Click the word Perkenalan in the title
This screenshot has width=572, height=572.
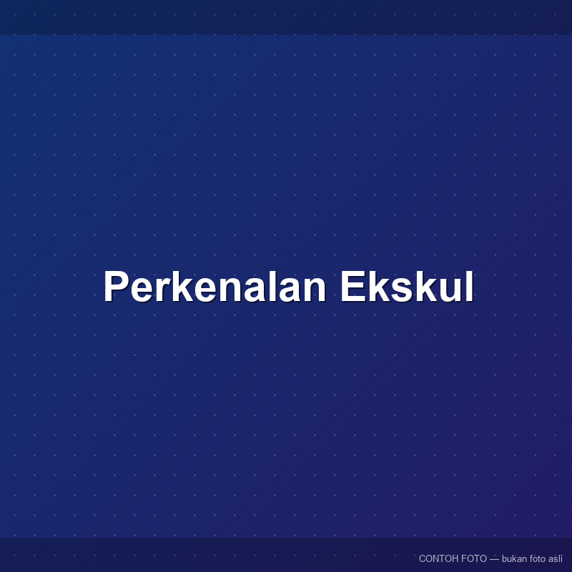[215, 287]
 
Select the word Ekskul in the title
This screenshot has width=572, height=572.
[407, 287]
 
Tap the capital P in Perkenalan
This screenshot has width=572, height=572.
[117, 287]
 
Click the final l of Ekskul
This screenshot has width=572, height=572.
[470, 287]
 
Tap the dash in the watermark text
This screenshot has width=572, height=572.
[494, 559]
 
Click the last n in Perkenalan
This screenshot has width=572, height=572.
[315, 290]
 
